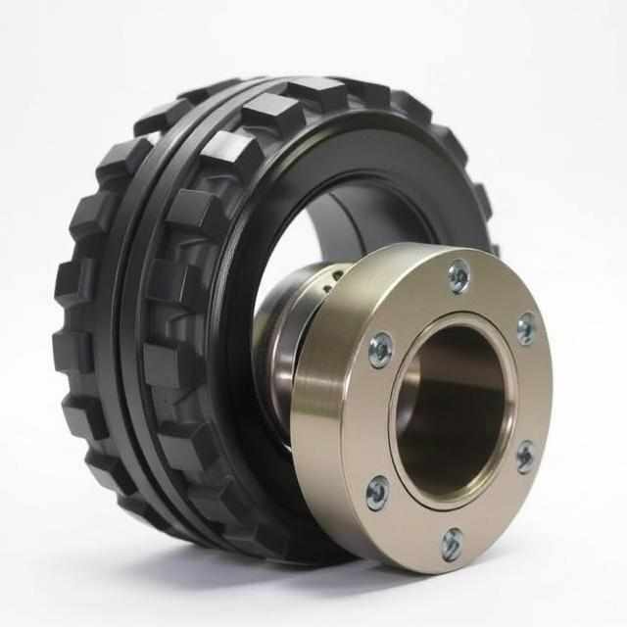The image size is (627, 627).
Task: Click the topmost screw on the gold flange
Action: pos(458,276)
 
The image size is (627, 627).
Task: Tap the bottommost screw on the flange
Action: pos(452,544)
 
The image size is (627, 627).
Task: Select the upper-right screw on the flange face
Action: pos(526,328)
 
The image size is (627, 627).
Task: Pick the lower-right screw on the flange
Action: pos(525,457)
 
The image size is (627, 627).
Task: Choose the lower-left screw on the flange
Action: pos(377,494)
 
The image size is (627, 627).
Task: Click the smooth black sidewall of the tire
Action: pos(392,157)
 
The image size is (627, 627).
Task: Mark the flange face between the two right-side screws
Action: pos(534,392)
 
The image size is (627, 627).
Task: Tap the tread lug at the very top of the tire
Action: pos(313,93)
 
